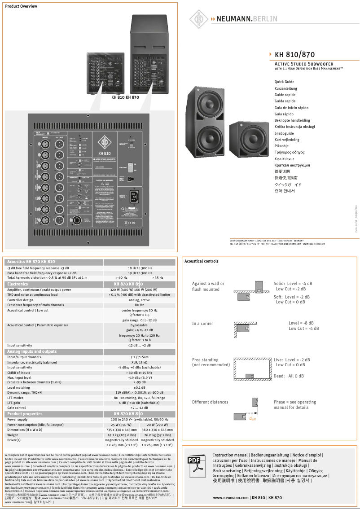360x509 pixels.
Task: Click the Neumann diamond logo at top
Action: pos(198,19)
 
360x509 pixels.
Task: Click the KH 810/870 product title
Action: pos(294,55)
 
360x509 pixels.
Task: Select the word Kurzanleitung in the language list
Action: pos(285,88)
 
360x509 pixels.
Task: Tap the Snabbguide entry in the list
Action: pos(284,133)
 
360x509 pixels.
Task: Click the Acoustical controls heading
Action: pos(202,261)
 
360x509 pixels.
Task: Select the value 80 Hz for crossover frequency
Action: pos(139,305)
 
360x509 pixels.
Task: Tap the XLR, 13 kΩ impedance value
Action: pos(139,362)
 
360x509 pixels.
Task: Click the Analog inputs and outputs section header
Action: pos(32,351)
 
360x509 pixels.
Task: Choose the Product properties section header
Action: pos(25,414)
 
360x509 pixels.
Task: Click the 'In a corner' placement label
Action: pos(202,324)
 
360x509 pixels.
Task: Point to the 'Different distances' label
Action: pos(210,402)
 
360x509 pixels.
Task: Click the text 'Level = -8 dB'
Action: pos(301,323)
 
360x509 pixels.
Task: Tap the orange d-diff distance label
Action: pos(252,419)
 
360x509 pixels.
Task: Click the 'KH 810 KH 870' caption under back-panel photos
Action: pos(125,97)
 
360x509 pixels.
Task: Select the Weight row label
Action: pos(13,435)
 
